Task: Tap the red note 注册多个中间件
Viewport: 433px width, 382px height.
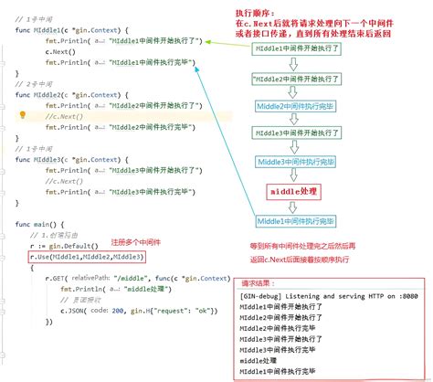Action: (138, 243)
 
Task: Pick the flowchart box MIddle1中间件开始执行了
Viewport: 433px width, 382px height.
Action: (294, 46)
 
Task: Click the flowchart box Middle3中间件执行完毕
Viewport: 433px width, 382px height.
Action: (296, 162)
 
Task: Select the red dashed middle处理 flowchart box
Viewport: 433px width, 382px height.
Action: (296, 191)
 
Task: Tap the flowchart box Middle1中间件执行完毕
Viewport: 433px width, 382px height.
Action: (296, 221)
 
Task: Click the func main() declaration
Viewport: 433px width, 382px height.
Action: (40, 224)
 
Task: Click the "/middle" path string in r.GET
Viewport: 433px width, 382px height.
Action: (135, 277)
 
